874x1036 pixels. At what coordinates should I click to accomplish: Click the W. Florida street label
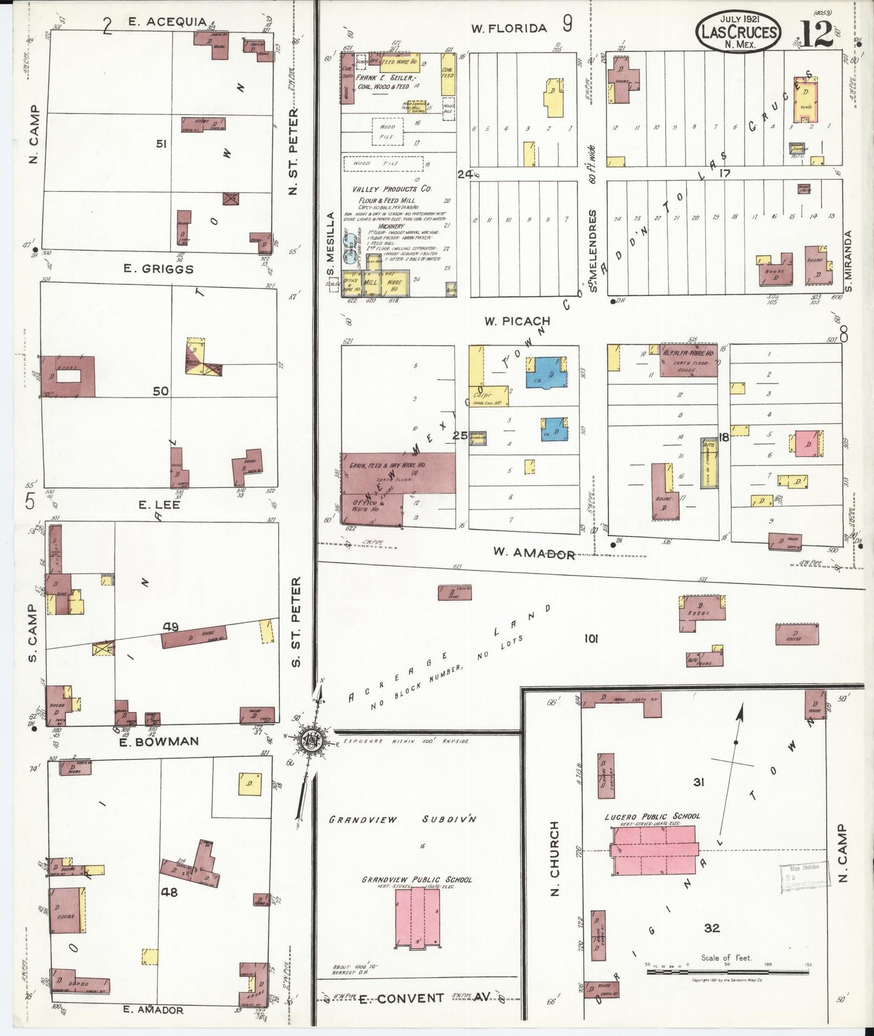(x=509, y=28)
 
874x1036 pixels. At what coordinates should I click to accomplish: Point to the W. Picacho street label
(x=517, y=321)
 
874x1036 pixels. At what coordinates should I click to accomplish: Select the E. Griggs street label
(x=158, y=269)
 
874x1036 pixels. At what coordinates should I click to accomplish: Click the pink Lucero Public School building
(x=654, y=850)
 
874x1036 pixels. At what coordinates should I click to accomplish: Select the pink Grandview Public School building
(x=417, y=917)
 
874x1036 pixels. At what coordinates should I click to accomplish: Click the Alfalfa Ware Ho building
(x=688, y=361)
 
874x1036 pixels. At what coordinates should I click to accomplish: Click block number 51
(x=161, y=144)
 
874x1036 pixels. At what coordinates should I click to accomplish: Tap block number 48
(x=169, y=892)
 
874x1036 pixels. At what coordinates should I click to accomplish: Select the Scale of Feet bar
(x=727, y=972)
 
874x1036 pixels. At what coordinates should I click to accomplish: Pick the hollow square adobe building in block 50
(x=68, y=377)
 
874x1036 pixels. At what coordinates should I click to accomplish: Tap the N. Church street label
(x=555, y=858)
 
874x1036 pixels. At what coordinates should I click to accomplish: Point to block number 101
(x=590, y=638)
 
